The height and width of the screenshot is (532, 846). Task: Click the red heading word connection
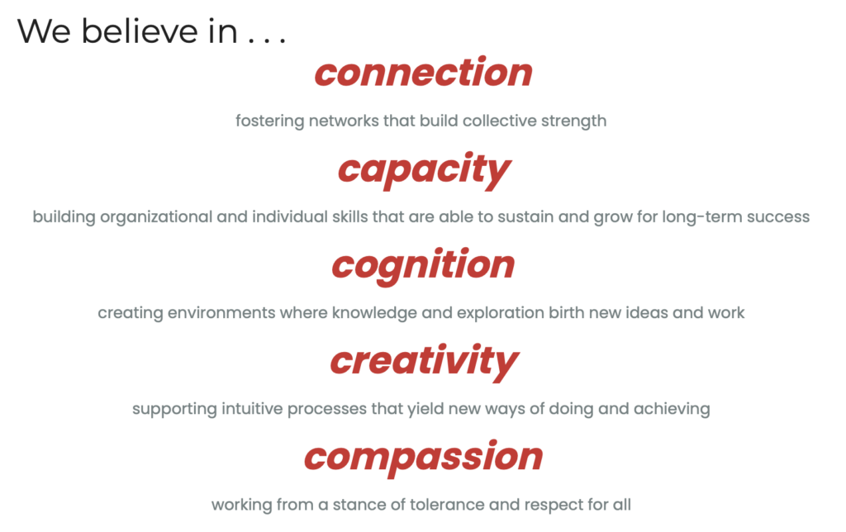424,73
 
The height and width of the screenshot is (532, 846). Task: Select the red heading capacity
424,170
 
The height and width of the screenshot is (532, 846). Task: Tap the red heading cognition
424,265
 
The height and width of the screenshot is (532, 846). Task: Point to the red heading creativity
424,362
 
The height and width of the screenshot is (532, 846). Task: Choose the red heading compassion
424,458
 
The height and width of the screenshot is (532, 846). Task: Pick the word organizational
156,217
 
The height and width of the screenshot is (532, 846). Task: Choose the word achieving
672,409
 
